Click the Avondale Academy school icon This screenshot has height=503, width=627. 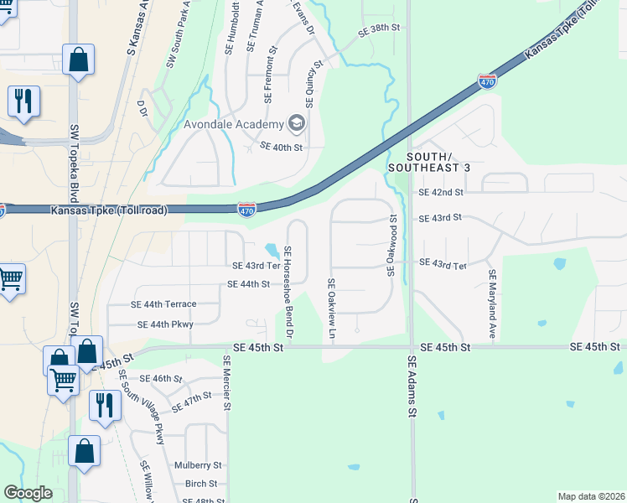(296, 124)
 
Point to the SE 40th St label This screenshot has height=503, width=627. (281, 146)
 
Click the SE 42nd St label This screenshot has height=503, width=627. (440, 192)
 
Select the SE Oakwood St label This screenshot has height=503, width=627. (391, 245)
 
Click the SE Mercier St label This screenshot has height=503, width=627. (226, 382)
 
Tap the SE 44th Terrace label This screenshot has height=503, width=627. (163, 304)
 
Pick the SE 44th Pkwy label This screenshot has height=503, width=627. (165, 324)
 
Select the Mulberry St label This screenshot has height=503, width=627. (198, 464)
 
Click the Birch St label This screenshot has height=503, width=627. (201, 484)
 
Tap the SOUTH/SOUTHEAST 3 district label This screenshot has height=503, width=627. (439, 163)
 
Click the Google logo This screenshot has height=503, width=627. (28, 493)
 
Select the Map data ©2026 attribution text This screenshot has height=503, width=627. (591, 495)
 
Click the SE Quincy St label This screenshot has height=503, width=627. (314, 85)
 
